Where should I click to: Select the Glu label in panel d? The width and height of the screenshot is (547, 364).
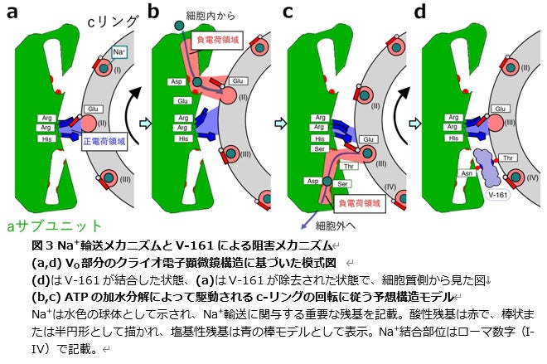click(x=501, y=109)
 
